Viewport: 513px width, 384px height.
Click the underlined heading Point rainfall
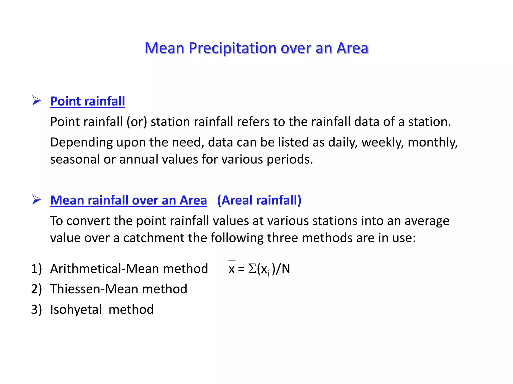(87, 101)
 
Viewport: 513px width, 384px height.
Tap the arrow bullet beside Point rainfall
(37, 100)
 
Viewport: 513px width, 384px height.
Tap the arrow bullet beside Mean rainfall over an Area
(37, 199)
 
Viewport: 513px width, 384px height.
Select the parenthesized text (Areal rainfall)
(259, 200)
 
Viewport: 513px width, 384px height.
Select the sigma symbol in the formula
(252, 269)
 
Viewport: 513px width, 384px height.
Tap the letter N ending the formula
(286, 269)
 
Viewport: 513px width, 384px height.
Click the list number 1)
(37, 269)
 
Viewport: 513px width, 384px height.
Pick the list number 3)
(37, 309)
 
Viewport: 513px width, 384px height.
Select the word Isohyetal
(76, 309)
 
